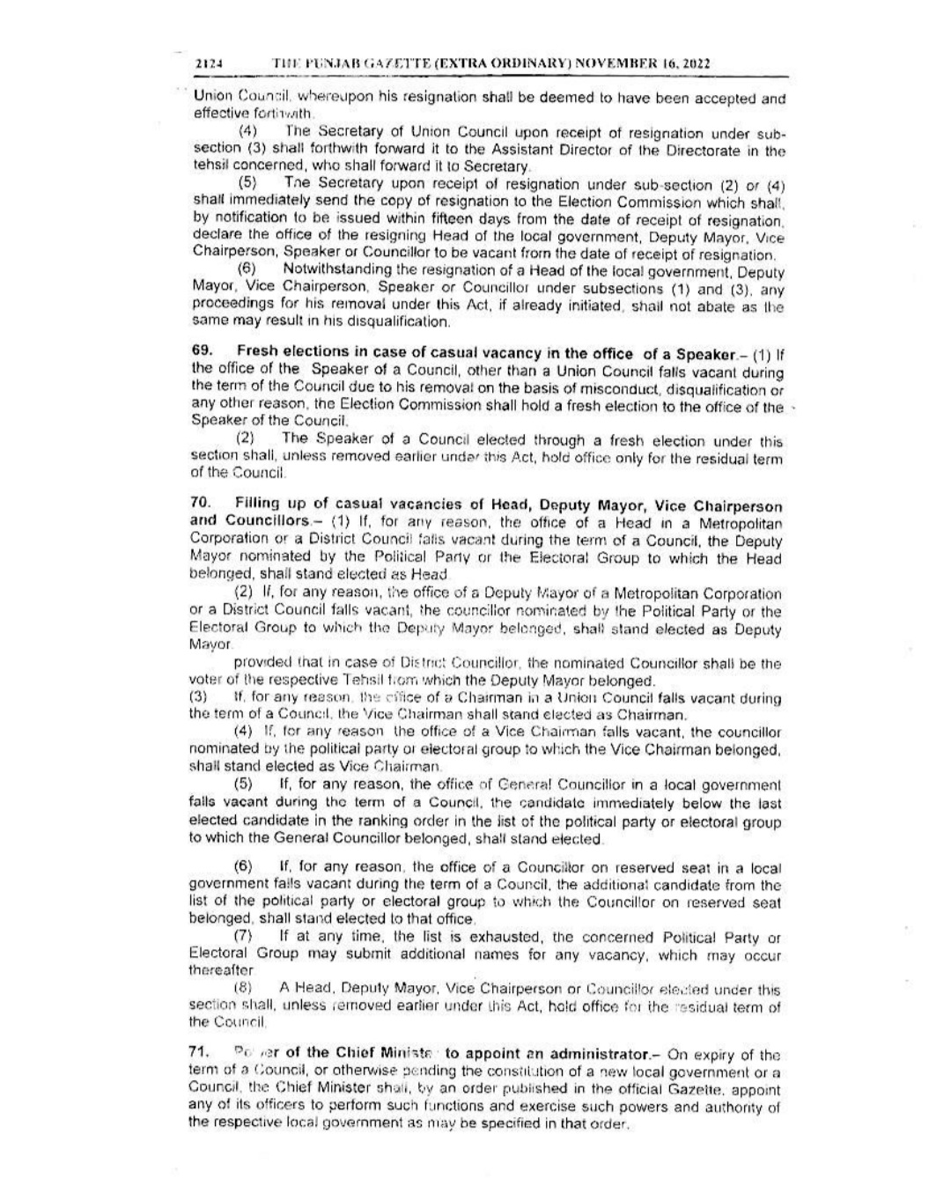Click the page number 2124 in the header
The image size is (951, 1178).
click(207, 64)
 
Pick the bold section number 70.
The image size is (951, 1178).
click(201, 504)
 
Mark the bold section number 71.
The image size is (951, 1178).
click(201, 1054)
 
